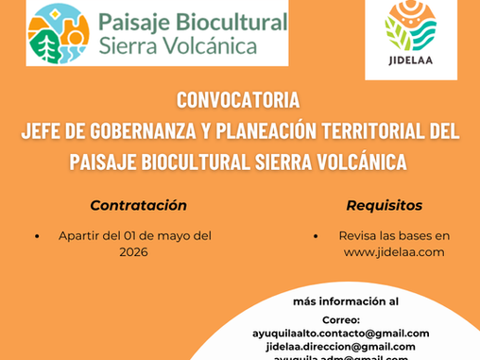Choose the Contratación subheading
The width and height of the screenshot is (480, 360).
(138, 205)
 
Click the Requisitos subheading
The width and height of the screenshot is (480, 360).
(384, 205)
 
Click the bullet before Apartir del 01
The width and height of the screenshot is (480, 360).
(37, 236)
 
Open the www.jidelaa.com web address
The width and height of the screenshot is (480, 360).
(393, 252)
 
